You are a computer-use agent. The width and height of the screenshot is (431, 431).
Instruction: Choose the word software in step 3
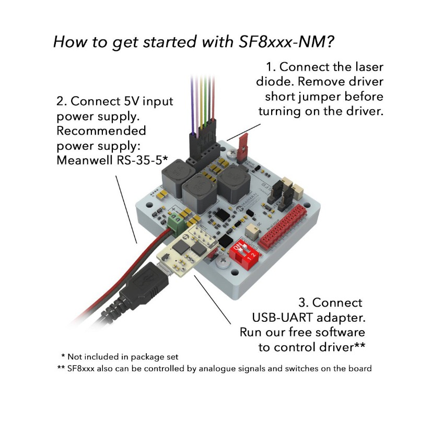coord(340,332)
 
